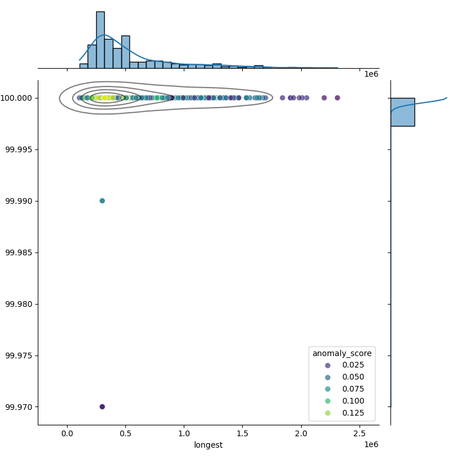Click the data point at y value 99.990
point(102,201)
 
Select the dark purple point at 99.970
point(102,406)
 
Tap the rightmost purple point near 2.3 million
point(337,98)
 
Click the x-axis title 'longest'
point(208,445)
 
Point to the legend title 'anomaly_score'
point(342,353)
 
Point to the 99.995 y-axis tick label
point(19,149)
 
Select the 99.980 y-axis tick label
point(19,304)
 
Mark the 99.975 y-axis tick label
point(19,356)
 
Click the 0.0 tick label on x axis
point(67,433)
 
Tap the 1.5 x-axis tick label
point(243,433)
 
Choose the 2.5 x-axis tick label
point(360,433)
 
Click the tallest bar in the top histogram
point(100,40)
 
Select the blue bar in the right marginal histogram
point(402,112)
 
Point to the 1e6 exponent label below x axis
point(371,445)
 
